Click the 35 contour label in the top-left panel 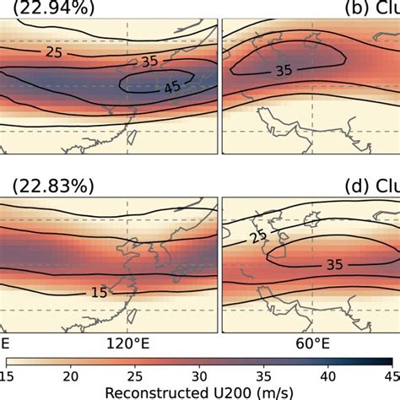click(149, 62)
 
